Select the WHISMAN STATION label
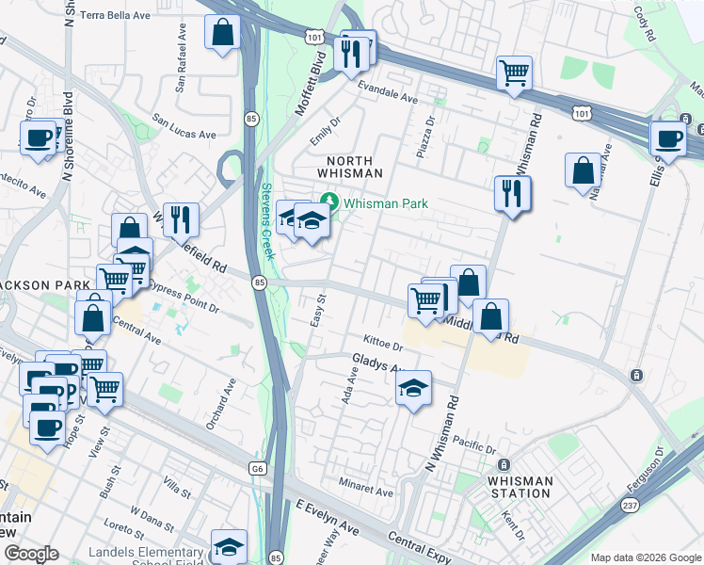coord(520,487)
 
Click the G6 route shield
coord(258,468)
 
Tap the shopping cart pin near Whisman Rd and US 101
coord(514,73)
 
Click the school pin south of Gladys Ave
coord(413,388)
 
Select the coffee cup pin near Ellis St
coord(668,137)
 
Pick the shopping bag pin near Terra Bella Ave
coord(222,32)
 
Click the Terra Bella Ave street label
coord(115,15)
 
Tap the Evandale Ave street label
coord(387,97)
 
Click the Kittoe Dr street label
coord(383,341)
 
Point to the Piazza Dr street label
coord(428,137)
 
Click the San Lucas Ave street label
coord(185,127)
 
